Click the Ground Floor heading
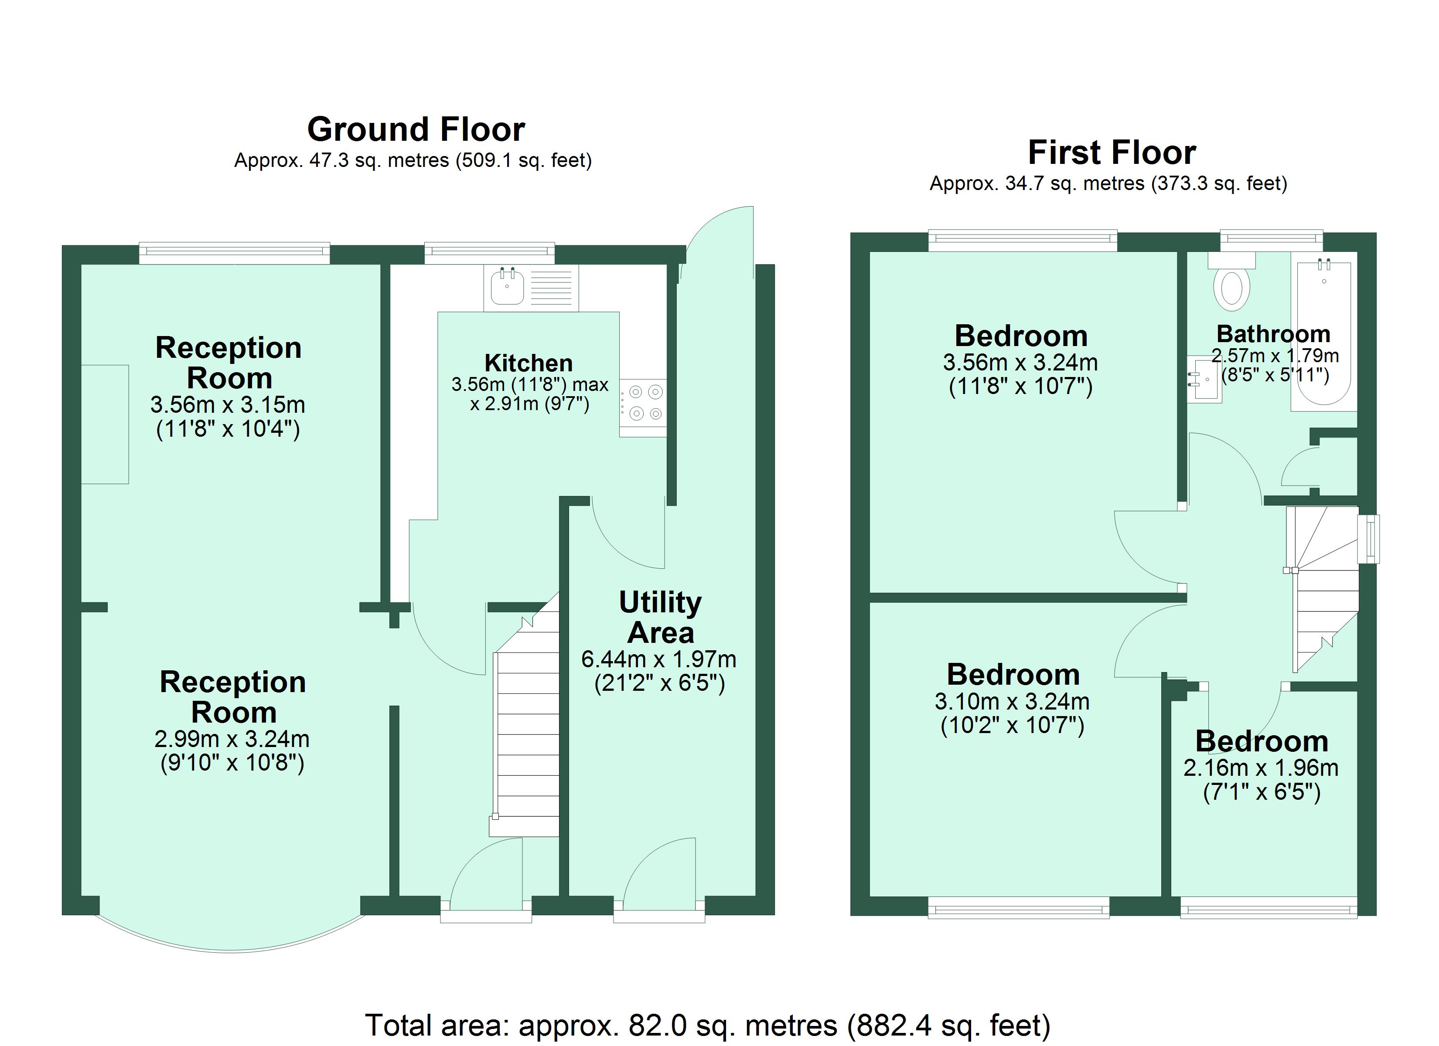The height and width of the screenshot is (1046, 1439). pyautogui.click(x=416, y=129)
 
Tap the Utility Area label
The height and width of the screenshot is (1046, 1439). pyautogui.click(x=661, y=617)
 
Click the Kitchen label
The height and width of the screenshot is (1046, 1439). pyautogui.click(x=529, y=363)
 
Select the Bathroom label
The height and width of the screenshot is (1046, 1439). pyautogui.click(x=1273, y=334)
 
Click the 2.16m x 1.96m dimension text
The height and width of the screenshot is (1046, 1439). pyautogui.click(x=1261, y=768)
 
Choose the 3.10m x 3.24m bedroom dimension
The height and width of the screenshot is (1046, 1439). pyautogui.click(x=1012, y=702)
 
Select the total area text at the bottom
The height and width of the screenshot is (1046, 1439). pyautogui.click(x=708, y=1026)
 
